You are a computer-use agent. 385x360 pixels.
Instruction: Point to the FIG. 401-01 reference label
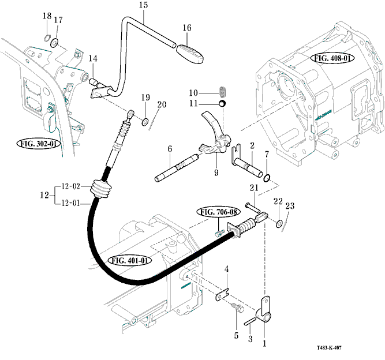[x=129, y=260]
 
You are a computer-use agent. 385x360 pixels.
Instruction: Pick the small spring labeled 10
[x=223, y=92]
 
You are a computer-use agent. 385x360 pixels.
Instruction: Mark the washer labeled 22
[x=279, y=223]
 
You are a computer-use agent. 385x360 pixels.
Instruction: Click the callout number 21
[x=253, y=187]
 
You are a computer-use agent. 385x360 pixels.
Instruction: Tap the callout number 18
[x=47, y=16]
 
